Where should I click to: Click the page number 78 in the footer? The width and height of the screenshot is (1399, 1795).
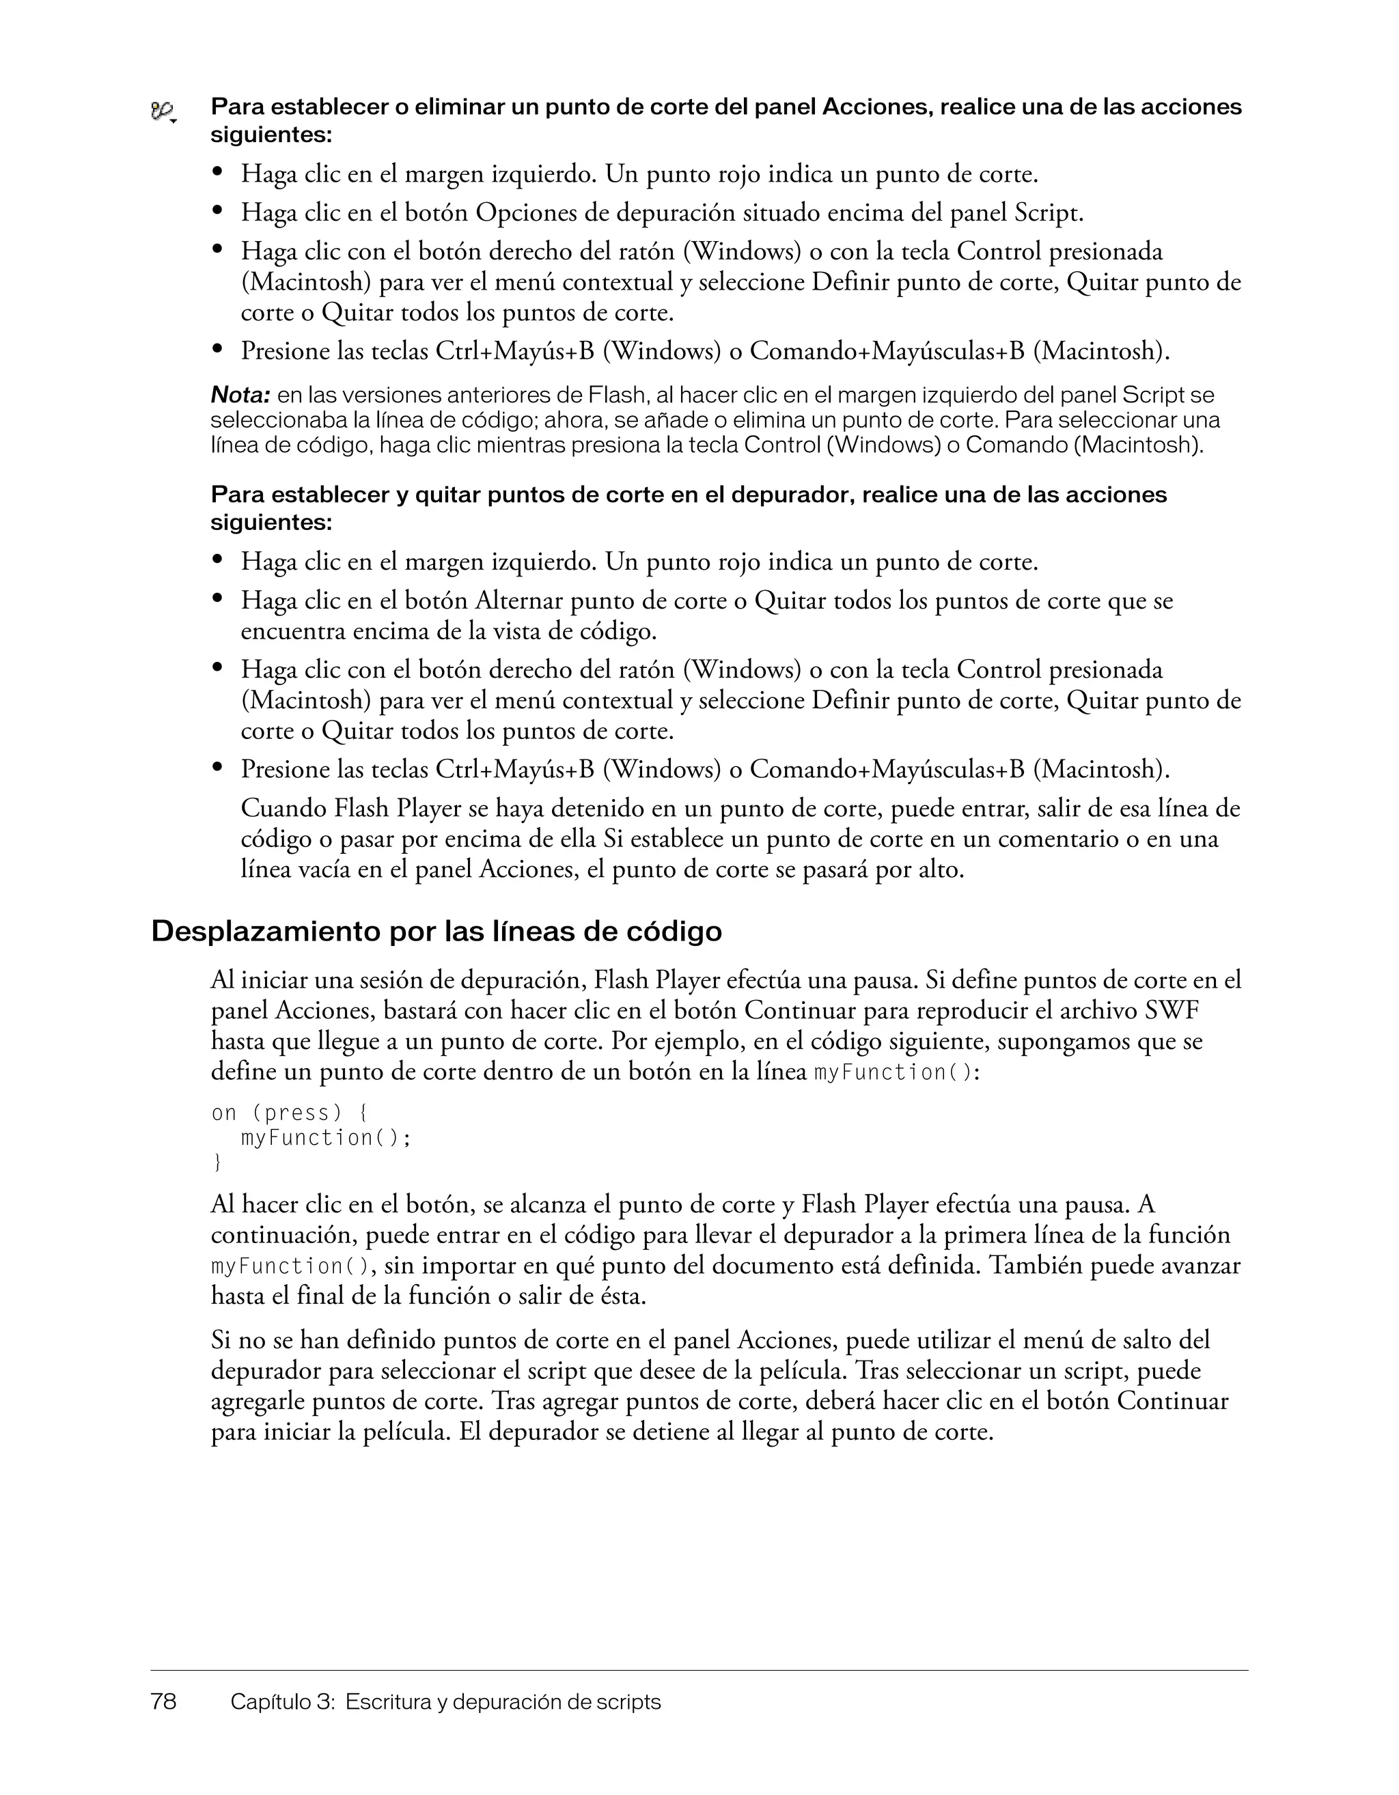(x=163, y=1701)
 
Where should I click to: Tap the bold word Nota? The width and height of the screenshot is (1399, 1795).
(x=240, y=395)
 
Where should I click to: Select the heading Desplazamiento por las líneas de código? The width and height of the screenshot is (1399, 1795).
(x=437, y=931)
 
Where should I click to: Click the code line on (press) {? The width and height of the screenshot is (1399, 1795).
(x=290, y=1113)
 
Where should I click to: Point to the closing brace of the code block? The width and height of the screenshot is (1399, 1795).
(x=217, y=1162)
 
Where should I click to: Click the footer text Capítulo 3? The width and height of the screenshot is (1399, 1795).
(x=283, y=1701)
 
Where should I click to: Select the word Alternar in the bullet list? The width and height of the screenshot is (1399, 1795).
(x=518, y=601)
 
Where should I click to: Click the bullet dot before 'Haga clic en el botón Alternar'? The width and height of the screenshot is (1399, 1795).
(x=218, y=599)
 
